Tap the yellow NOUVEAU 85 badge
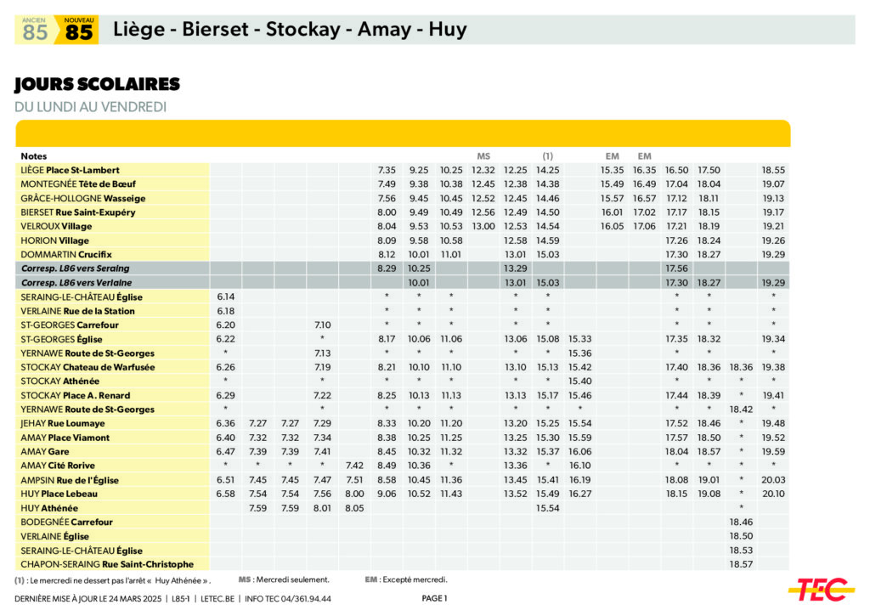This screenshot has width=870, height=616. pos(78,30)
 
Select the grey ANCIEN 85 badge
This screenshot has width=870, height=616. pos(35,30)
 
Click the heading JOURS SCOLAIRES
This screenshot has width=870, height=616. pos(97,84)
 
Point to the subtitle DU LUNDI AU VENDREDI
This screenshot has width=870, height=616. pos(90,107)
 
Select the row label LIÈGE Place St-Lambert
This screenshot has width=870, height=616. pos(70,170)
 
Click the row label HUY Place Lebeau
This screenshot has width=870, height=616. pos(59,494)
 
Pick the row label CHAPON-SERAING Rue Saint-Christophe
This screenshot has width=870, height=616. pos(107,564)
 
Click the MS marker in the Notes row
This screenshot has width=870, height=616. pos(483,156)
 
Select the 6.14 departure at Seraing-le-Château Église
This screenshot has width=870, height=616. pos(225,297)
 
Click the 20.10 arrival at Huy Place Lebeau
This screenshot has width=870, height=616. pos(773,494)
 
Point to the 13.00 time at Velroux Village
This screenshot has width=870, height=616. pos(483,226)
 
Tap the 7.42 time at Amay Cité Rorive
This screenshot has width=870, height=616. pos(354,466)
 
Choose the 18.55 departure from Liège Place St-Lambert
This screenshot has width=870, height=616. pos(773,170)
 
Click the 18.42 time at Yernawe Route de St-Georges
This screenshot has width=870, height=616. pos(741,410)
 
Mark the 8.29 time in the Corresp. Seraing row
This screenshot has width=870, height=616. pos(387,268)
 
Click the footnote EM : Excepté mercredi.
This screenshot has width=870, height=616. pos(406,579)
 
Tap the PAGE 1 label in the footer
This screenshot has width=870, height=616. pos(434,598)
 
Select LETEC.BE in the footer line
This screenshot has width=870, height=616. pos(219,598)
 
